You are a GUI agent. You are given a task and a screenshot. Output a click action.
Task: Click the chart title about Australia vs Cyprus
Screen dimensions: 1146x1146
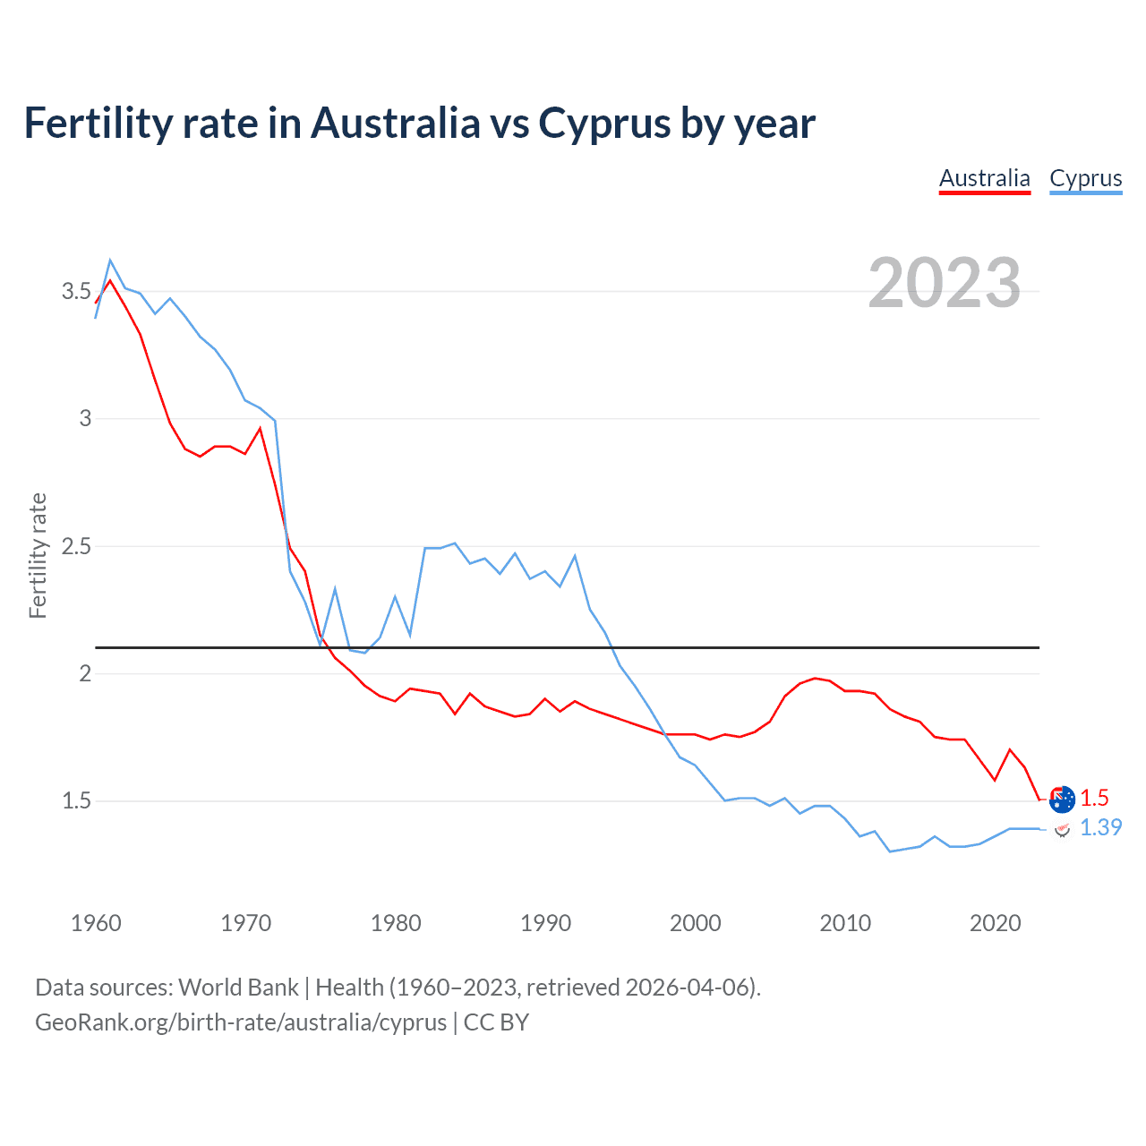point(419,124)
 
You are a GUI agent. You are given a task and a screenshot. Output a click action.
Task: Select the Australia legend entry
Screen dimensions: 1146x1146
point(984,178)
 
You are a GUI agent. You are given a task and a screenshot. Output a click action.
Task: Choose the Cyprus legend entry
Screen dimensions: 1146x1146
point(1085,178)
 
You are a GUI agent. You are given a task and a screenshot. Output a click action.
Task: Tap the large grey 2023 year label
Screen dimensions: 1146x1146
point(944,283)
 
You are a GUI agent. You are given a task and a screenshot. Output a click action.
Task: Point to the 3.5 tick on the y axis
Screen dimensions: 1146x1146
point(76,291)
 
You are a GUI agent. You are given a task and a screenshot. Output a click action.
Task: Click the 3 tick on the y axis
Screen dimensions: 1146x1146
point(85,418)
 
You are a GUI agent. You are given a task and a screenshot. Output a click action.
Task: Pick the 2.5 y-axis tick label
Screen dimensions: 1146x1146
point(76,546)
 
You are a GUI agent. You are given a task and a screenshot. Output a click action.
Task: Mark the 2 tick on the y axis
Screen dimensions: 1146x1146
point(85,673)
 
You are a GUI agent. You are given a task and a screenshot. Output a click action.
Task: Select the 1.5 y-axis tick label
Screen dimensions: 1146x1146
point(76,800)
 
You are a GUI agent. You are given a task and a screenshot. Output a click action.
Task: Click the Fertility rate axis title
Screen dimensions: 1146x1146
point(38,555)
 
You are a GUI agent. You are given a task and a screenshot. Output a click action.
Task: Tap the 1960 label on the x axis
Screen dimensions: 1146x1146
point(96,923)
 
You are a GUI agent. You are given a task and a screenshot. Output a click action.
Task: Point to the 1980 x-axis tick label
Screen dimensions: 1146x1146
point(395,923)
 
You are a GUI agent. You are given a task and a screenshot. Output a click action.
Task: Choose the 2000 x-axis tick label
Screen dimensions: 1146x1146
point(695,923)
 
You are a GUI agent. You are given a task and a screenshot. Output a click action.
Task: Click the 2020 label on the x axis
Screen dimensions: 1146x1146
point(995,923)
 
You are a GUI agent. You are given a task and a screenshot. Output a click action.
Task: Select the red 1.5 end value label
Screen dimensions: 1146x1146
point(1094,798)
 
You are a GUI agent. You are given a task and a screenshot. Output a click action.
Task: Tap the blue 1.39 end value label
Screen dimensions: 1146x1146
point(1100,827)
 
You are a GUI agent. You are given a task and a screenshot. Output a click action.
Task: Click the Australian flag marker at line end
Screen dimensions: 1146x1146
point(1062,799)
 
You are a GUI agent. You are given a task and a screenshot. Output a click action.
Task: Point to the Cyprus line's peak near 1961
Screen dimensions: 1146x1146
point(110,261)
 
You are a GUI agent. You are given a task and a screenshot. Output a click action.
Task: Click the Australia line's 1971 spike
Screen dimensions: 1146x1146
point(260,429)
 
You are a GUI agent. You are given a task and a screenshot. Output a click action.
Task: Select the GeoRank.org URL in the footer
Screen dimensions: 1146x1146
point(241,1022)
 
